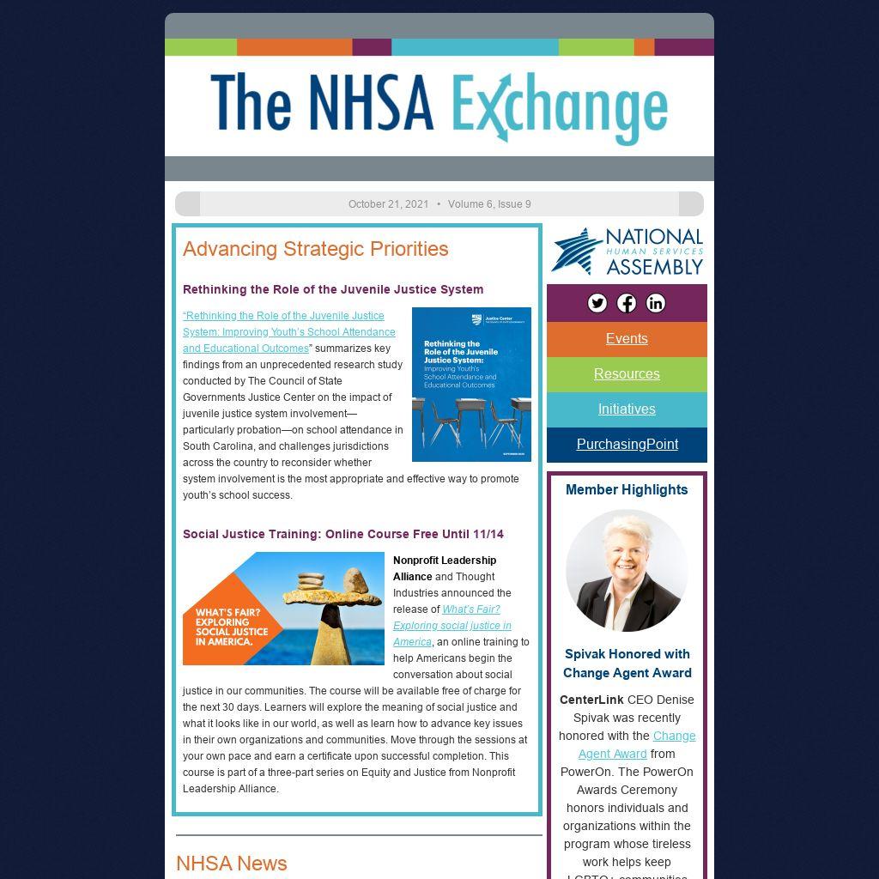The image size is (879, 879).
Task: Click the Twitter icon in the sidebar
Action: click(x=597, y=303)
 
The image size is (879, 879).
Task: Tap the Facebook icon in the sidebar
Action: click(x=627, y=303)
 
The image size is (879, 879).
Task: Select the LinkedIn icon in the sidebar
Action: click(x=656, y=303)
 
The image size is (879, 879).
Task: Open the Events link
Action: click(x=627, y=339)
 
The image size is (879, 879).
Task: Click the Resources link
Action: click(x=627, y=374)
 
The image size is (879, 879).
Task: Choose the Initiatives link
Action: click(x=627, y=409)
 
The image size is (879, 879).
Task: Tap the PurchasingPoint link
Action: click(x=627, y=445)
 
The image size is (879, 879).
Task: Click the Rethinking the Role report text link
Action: click(x=288, y=332)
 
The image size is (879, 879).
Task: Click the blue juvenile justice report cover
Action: click(x=471, y=385)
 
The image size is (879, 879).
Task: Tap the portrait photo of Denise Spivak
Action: click(x=627, y=571)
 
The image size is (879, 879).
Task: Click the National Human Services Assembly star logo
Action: click(x=575, y=252)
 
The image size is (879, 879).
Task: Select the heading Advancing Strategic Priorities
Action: click(x=315, y=249)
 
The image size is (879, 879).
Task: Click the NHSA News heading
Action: click(x=232, y=864)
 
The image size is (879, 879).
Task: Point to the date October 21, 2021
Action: click(x=388, y=204)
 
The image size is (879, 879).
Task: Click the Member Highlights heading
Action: click(x=627, y=490)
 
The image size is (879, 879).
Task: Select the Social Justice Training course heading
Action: click(x=343, y=534)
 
